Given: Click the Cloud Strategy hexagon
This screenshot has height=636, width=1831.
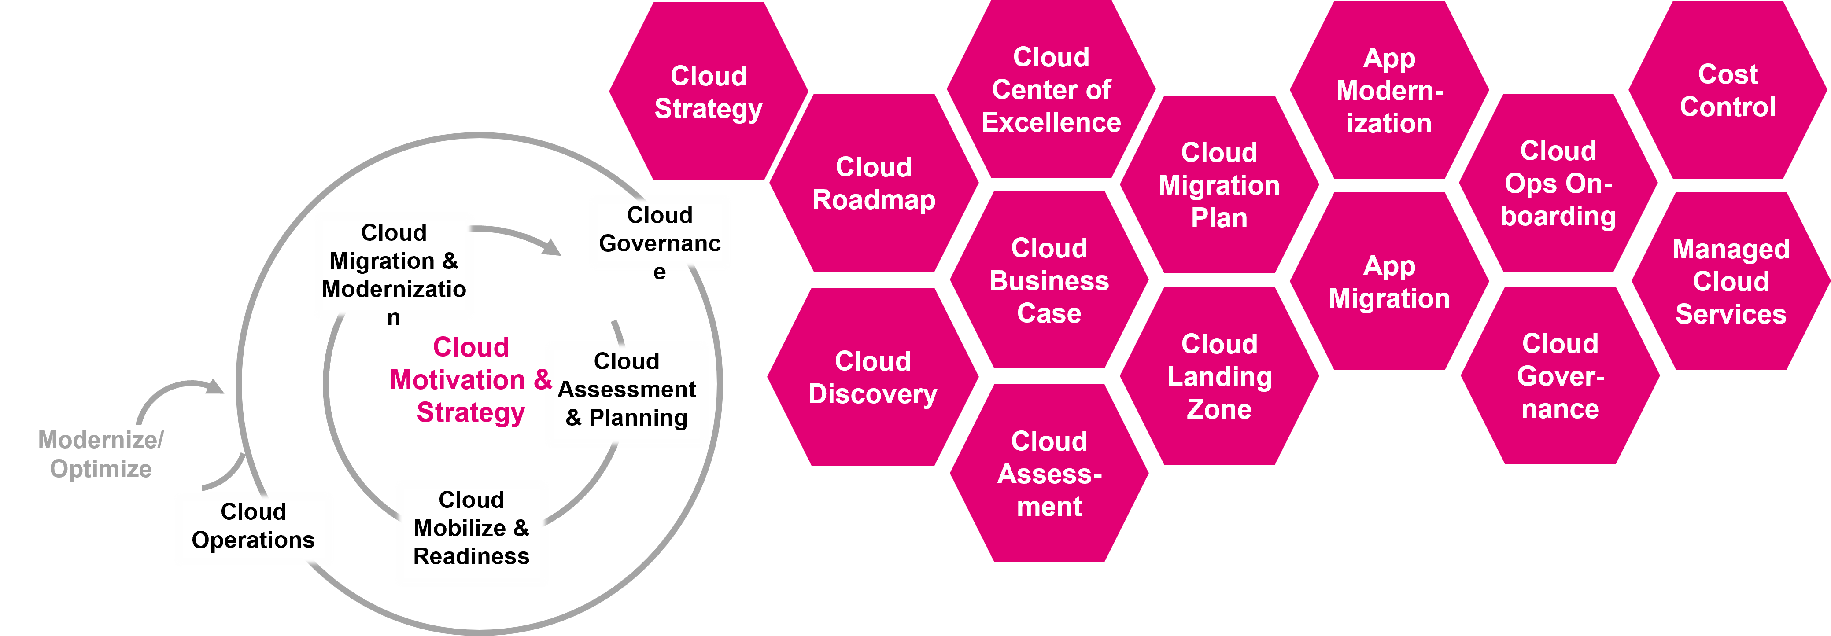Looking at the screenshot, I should [708, 92].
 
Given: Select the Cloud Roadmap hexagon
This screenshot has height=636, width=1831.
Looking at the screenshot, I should [874, 184].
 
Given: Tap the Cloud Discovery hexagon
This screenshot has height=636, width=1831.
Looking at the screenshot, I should [872, 377].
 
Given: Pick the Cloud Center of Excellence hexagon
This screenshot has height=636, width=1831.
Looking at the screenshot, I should [1051, 89].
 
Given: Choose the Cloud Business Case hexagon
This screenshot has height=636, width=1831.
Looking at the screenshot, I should [1048, 281].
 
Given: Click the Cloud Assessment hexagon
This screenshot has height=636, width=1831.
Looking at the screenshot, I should [1048, 474].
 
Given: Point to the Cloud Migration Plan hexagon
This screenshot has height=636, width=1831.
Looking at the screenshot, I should [1219, 185].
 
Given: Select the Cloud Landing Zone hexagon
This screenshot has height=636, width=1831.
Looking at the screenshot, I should [1219, 377].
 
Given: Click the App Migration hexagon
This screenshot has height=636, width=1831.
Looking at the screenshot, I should [1389, 282].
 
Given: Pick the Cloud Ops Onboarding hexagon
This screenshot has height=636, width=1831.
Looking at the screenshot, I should [1558, 184].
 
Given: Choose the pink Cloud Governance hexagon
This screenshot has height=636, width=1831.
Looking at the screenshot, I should [1559, 377].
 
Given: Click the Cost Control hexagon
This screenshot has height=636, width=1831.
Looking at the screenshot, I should [1727, 90].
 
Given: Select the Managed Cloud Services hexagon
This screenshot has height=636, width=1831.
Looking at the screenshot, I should [1730, 281].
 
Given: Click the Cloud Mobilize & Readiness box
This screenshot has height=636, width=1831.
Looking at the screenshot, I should [471, 529].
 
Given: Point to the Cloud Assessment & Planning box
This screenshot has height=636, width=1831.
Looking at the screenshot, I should [626, 391].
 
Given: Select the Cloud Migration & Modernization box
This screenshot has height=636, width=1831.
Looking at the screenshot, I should [394, 263].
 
